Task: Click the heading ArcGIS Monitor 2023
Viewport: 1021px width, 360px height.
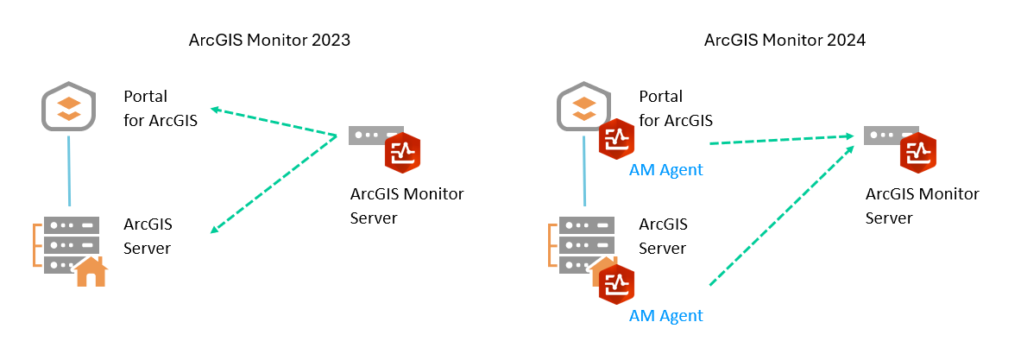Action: coord(269,41)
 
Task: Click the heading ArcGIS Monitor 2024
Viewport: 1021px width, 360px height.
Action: coord(785,41)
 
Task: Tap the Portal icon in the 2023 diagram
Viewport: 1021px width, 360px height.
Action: coord(69,106)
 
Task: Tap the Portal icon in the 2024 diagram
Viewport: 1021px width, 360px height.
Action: coord(583,105)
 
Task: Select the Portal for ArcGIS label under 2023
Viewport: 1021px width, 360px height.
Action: coord(161,108)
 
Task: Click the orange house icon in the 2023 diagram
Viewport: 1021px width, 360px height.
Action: coord(91,272)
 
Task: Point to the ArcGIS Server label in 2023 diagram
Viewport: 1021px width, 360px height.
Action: coord(148,236)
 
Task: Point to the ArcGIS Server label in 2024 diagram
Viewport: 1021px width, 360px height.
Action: coord(663,236)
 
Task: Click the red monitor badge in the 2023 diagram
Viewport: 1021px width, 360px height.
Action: coord(402,154)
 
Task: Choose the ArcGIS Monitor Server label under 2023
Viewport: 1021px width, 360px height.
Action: coord(407,205)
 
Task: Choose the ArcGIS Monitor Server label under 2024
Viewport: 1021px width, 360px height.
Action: coord(922,205)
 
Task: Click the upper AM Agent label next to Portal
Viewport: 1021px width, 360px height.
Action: coord(665,170)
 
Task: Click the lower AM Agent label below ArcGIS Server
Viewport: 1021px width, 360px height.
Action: coord(665,315)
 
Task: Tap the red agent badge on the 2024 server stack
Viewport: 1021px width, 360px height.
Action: coord(617,285)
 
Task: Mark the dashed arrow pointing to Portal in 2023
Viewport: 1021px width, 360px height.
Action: coord(274,122)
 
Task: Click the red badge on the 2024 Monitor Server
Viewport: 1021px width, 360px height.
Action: coord(917,154)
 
